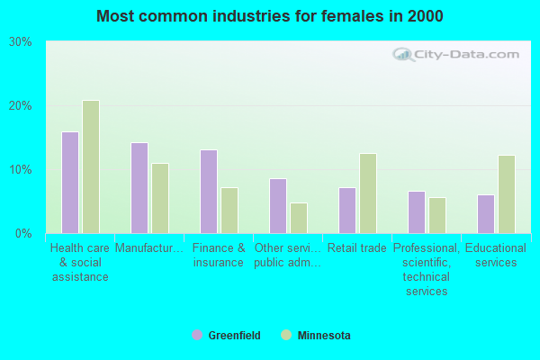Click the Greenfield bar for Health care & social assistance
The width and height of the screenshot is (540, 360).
click(x=69, y=183)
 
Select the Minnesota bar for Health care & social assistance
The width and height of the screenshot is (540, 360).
click(x=90, y=166)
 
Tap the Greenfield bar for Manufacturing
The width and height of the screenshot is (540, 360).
click(x=139, y=188)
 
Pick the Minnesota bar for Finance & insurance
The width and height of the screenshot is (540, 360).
click(x=229, y=211)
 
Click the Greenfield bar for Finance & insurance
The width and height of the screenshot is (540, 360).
click(x=208, y=192)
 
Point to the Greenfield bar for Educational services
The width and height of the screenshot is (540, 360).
click(x=486, y=214)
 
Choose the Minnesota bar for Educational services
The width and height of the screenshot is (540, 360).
click(x=507, y=194)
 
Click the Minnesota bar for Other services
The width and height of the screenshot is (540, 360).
click(x=299, y=218)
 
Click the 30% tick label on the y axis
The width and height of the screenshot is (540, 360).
click(x=20, y=42)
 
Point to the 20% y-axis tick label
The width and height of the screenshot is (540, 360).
click(x=20, y=106)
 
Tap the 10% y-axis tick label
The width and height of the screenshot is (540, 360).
click(x=20, y=170)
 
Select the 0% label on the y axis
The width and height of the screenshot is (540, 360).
click(x=22, y=234)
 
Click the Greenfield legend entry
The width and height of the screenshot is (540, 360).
click(x=227, y=336)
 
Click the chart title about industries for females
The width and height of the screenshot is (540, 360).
click(x=270, y=16)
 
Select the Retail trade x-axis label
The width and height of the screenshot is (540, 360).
click(x=357, y=248)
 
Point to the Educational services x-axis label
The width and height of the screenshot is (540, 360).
click(x=496, y=256)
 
